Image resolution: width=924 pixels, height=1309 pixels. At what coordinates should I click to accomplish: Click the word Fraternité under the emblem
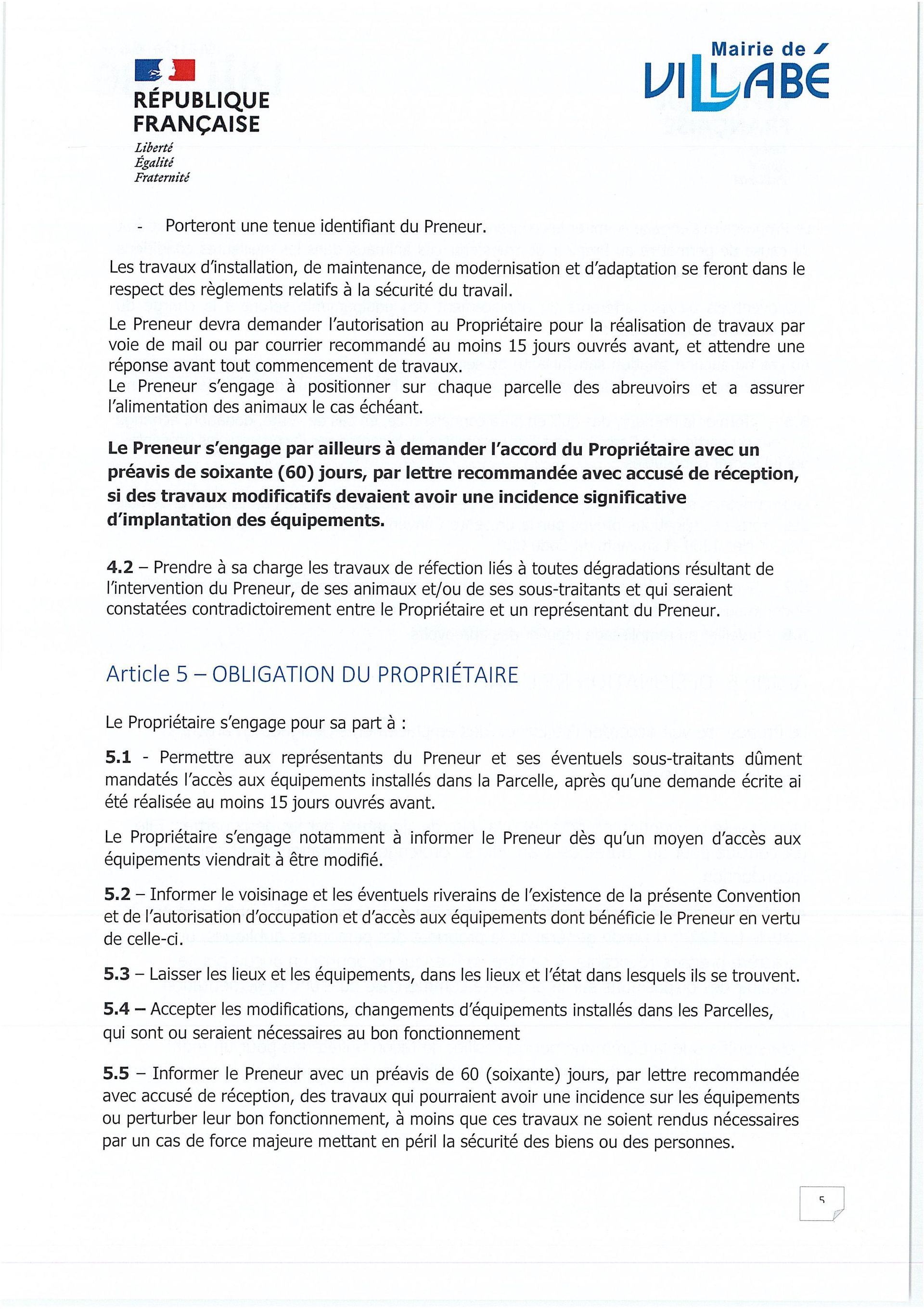[x=162, y=177]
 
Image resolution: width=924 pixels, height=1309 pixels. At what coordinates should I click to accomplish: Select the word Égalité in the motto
[x=154, y=162]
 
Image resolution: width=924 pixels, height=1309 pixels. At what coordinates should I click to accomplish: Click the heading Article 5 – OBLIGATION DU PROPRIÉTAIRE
[x=312, y=674]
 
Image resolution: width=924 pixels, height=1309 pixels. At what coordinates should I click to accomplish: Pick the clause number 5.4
[x=117, y=1010]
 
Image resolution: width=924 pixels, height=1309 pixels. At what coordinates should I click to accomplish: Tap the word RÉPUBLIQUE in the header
[x=201, y=100]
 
